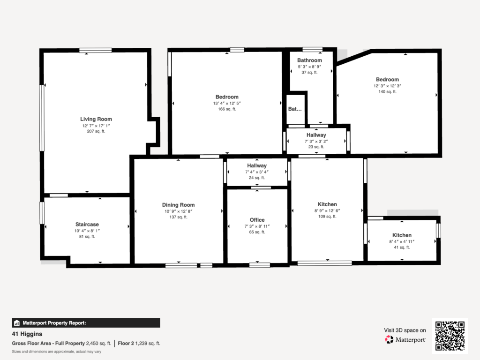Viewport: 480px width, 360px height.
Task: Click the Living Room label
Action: pyautogui.click(x=96, y=119)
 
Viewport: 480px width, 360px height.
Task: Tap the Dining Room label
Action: pyautogui.click(x=179, y=205)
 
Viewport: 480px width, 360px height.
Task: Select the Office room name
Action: pyautogui.click(x=257, y=220)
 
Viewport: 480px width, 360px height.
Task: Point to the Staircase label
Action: pyautogui.click(x=87, y=225)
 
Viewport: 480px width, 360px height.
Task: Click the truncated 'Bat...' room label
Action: pyautogui.click(x=295, y=109)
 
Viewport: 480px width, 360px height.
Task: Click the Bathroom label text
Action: pyautogui.click(x=309, y=60)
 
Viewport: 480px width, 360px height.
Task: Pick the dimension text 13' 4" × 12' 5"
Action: pyautogui.click(x=227, y=103)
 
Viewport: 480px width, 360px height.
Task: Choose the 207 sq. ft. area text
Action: pyautogui.click(x=96, y=131)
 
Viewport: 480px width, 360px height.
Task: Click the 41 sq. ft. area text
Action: pyautogui.click(x=402, y=247)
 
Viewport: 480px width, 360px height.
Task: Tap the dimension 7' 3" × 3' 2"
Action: pyautogui.click(x=316, y=141)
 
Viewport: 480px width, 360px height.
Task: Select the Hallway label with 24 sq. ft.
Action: pyautogui.click(x=257, y=165)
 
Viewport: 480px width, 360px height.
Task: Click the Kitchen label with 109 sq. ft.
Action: pyautogui.click(x=327, y=204)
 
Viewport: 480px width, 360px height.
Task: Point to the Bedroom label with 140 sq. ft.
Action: pyautogui.click(x=388, y=79)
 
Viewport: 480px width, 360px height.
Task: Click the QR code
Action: pyautogui.click(x=450, y=336)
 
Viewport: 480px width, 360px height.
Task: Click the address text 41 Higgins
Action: pyautogui.click(x=27, y=334)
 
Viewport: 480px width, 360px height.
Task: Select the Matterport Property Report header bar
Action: pyautogui.click(x=86, y=322)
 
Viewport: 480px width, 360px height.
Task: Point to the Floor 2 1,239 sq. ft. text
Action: pyautogui.click(x=139, y=344)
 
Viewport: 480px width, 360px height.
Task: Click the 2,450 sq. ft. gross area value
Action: pyautogui.click(x=98, y=344)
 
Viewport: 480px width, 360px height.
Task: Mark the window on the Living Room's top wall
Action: pyautogui.click(x=96, y=50)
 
